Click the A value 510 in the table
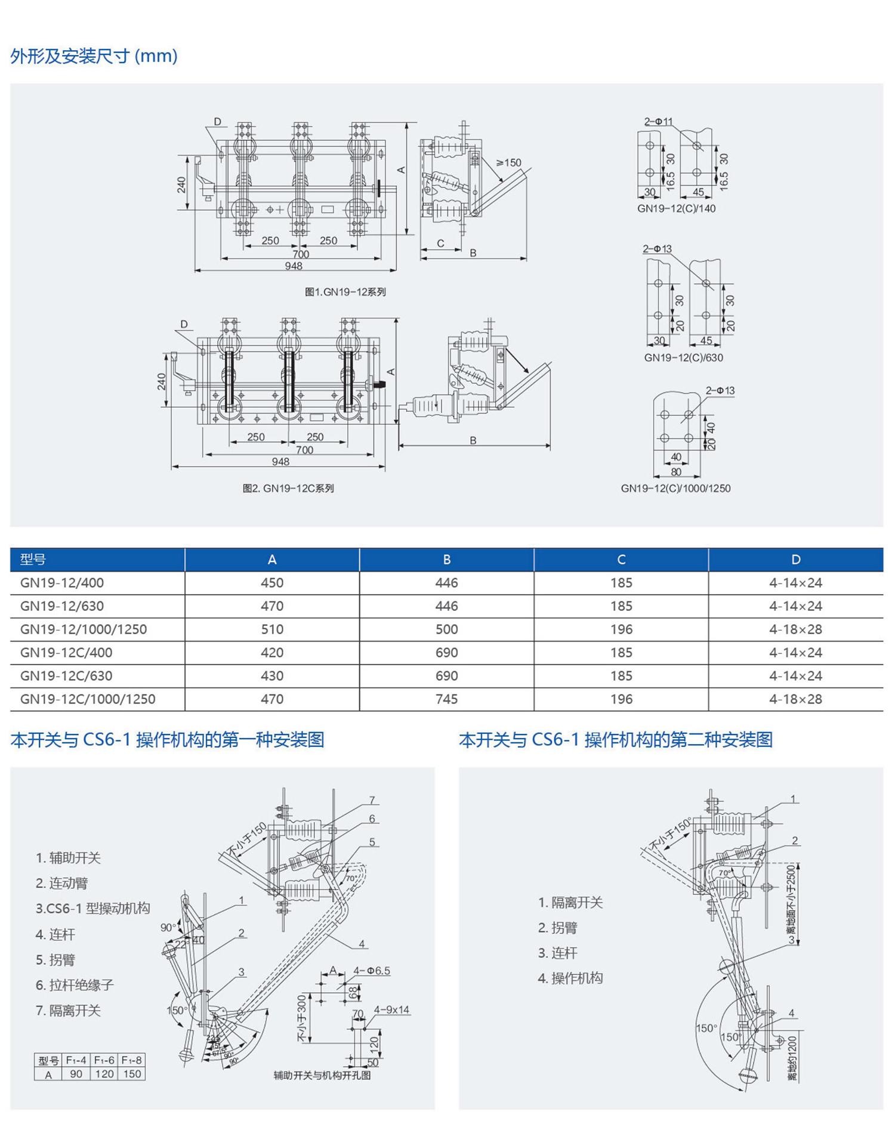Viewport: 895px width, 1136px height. tap(271, 629)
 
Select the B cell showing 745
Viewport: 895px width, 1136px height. tap(446, 699)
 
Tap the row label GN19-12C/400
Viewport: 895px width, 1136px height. tap(66, 653)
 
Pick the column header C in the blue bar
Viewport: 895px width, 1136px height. tap(621, 560)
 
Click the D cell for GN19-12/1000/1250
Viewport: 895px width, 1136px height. tap(795, 629)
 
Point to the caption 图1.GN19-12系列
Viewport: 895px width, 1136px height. tap(345, 292)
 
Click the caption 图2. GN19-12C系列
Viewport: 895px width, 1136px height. tap(288, 488)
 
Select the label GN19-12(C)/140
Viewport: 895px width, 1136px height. tap(676, 209)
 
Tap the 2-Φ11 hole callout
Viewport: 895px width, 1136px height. tap(658, 122)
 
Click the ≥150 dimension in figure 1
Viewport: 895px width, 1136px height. tap(508, 162)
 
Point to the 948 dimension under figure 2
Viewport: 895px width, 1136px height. tap(280, 462)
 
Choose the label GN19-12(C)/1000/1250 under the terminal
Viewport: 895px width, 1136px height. tap(675, 488)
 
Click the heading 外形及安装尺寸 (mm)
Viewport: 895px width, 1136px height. tap(94, 56)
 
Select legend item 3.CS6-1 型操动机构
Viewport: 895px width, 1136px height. tap(92, 908)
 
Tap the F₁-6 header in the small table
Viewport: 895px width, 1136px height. tap(104, 1060)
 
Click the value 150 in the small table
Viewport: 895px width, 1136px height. tap(132, 1074)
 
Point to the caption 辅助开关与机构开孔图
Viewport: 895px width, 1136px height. tap(322, 1075)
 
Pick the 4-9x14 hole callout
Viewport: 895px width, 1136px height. tap(391, 1010)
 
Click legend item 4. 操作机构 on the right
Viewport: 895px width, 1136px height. tap(570, 978)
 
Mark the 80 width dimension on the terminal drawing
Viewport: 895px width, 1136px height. tap(676, 472)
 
